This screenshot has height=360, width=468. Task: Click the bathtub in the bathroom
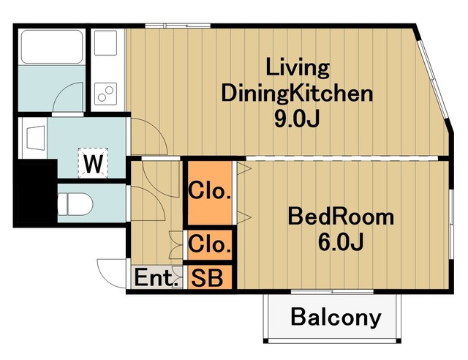click(52, 47)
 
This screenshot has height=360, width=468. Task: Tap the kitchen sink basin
click(105, 42)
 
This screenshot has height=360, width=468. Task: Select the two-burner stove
click(105, 94)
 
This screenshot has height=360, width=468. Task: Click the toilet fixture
click(75, 204)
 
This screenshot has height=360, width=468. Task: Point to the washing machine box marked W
click(93, 163)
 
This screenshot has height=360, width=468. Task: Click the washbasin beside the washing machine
click(36, 138)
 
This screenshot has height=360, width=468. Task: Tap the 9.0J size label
click(297, 119)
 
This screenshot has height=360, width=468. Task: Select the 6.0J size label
click(341, 241)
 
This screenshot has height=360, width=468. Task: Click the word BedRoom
click(341, 217)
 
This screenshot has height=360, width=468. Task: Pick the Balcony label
click(336, 317)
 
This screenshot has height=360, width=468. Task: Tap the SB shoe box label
click(207, 278)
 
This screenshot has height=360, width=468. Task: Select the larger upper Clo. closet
click(210, 192)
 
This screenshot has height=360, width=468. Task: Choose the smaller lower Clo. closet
click(210, 245)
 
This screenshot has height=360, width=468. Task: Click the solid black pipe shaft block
click(35, 191)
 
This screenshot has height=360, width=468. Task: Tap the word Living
click(298, 68)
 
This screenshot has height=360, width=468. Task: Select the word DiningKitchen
click(297, 93)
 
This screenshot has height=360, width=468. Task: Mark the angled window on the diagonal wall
click(433, 79)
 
